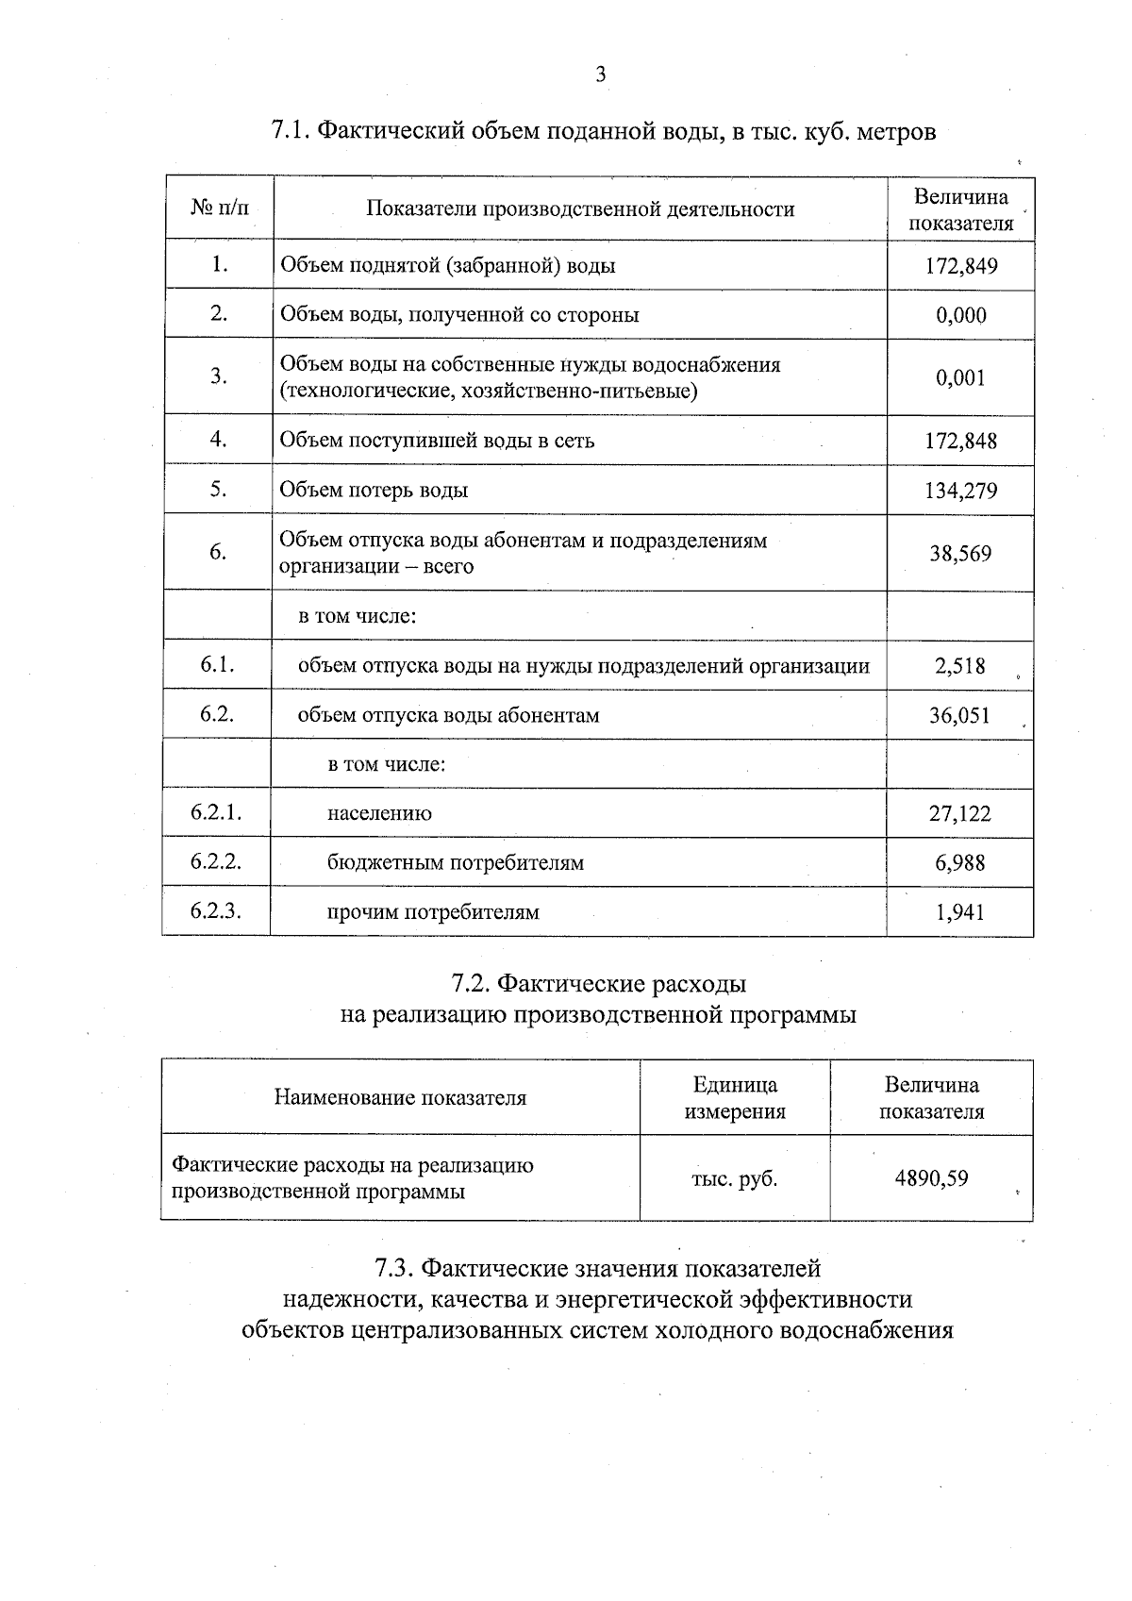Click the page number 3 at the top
600,75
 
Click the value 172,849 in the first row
960,266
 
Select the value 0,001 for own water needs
960,378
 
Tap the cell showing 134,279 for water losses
960,491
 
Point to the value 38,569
960,554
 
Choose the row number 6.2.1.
216,812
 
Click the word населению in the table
379,813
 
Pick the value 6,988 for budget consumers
960,862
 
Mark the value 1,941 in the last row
960,911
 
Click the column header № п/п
220,208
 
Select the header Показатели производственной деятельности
580,209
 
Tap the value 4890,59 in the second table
931,1178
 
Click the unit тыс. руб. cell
734,1178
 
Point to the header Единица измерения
735,1098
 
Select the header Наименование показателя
400,1097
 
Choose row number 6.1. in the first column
217,664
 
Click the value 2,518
960,666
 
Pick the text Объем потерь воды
374,491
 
